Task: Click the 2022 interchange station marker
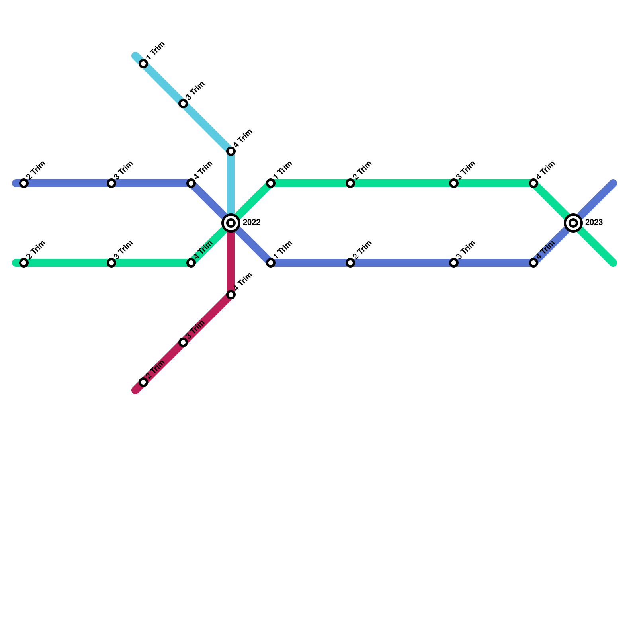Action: tap(231, 223)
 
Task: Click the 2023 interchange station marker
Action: tap(573, 223)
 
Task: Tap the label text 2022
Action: tap(251, 223)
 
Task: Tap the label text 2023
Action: tap(594, 223)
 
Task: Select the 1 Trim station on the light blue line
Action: tap(143, 64)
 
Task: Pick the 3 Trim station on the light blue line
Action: tap(183, 104)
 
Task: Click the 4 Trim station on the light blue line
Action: tap(231, 151)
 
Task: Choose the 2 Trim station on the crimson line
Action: tap(143, 382)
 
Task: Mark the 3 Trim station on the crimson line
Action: tap(183, 342)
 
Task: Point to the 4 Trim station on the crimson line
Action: tap(231, 295)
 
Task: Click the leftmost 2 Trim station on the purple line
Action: tap(24, 183)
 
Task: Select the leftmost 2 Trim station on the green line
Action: tap(24, 263)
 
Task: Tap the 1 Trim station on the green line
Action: tap(271, 183)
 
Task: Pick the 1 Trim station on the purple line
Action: tap(271, 263)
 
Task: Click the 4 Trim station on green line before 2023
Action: tap(533, 183)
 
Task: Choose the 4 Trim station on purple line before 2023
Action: tap(533, 263)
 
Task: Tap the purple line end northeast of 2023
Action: tap(613, 183)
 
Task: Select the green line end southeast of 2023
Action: tap(613, 263)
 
